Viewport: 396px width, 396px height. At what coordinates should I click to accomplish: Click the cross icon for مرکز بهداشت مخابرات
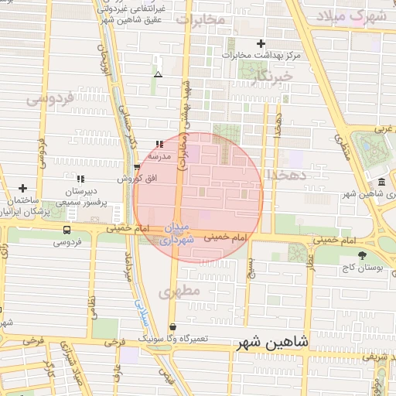261,44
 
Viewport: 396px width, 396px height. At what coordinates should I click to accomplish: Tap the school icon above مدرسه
159,144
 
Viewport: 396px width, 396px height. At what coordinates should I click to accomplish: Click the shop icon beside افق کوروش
137,166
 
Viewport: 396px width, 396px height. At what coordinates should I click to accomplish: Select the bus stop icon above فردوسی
66,230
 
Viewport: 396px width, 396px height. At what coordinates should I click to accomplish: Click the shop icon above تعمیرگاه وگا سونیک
172,327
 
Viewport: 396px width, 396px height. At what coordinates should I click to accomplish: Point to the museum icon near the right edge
381,182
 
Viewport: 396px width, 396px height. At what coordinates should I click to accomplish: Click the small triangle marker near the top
158,75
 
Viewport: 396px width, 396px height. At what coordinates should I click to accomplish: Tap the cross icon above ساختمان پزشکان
23,188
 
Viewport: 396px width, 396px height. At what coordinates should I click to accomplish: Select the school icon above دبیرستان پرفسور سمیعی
80,179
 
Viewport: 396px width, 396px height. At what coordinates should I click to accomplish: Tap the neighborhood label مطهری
179,292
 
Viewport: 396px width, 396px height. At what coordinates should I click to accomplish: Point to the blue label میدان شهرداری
177,235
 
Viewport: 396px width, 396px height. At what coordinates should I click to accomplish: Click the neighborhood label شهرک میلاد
356,16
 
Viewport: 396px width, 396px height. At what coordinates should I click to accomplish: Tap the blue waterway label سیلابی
140,310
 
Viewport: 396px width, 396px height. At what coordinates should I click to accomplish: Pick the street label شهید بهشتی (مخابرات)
186,124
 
